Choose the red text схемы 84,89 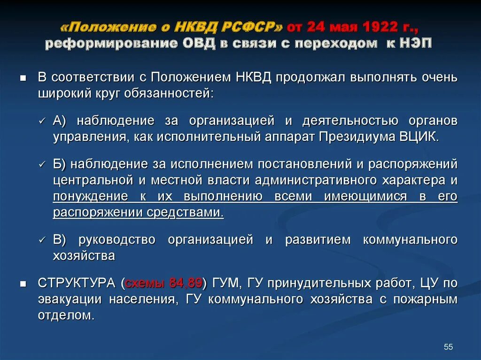pyautogui.click(x=163, y=283)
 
